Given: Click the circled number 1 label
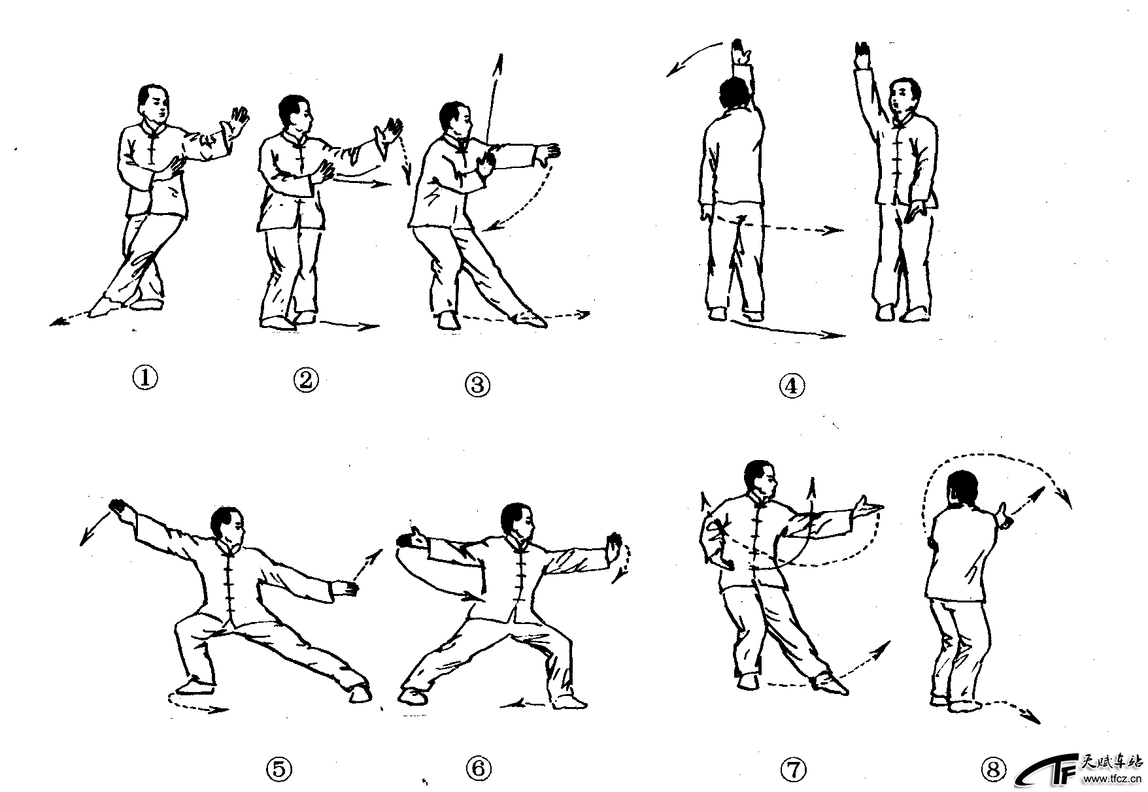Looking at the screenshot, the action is (145, 377).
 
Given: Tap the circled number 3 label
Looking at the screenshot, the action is (478, 384).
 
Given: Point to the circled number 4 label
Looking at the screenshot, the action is (792, 386).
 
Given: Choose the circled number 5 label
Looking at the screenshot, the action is (279, 769).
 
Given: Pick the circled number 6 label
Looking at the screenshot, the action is (479, 768).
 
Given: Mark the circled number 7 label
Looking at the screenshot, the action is (792, 769).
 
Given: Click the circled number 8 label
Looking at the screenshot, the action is (994, 771).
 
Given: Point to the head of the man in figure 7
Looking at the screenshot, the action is (761, 480).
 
